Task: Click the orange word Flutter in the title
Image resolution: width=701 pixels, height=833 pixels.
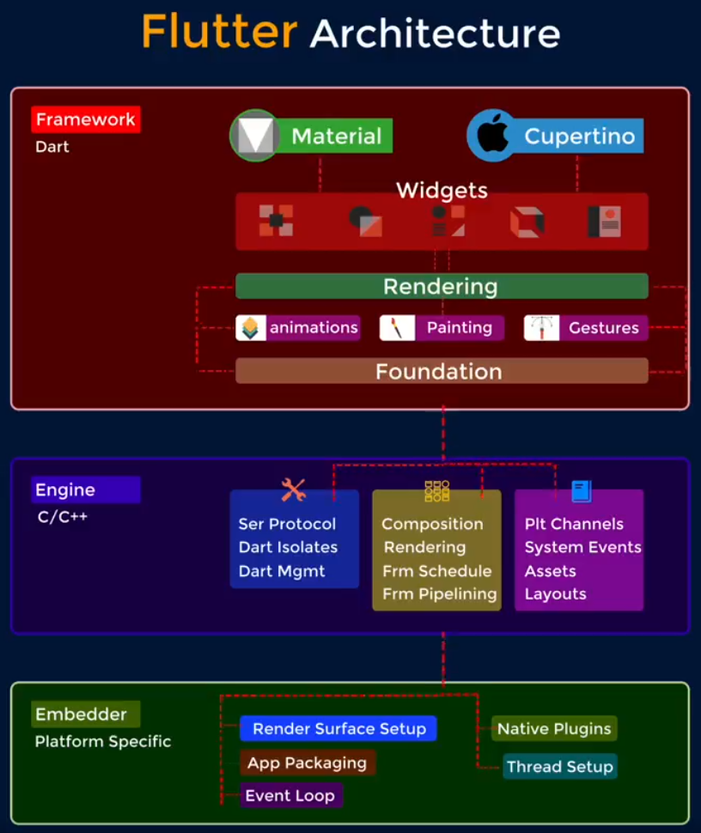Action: click(219, 32)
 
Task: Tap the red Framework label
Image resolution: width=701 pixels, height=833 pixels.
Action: click(86, 119)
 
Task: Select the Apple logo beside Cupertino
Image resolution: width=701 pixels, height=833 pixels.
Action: click(492, 135)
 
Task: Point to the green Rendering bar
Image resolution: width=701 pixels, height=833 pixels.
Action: click(442, 286)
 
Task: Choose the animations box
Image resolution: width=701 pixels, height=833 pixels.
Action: click(298, 327)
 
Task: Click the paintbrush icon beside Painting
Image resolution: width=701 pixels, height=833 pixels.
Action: click(397, 328)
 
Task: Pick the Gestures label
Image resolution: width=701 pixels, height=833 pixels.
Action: click(604, 328)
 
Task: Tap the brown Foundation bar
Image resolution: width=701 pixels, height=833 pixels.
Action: click(442, 371)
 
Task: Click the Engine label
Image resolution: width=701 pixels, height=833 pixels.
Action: click(86, 489)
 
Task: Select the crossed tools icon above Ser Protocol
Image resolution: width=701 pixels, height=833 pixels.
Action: click(293, 489)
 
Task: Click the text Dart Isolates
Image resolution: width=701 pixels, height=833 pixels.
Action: click(288, 547)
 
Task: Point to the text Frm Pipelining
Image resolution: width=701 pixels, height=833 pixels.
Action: click(440, 594)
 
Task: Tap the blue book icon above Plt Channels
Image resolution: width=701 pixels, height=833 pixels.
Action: click(582, 491)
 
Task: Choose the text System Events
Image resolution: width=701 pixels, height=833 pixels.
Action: click(583, 547)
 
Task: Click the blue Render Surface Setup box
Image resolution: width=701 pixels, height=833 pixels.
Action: click(338, 728)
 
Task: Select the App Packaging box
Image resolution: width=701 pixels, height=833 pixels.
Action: click(308, 763)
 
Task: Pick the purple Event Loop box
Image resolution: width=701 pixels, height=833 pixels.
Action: click(290, 795)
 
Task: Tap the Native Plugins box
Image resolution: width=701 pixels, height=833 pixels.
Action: click(554, 728)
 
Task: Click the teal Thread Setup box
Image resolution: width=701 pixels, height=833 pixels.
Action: click(559, 767)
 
